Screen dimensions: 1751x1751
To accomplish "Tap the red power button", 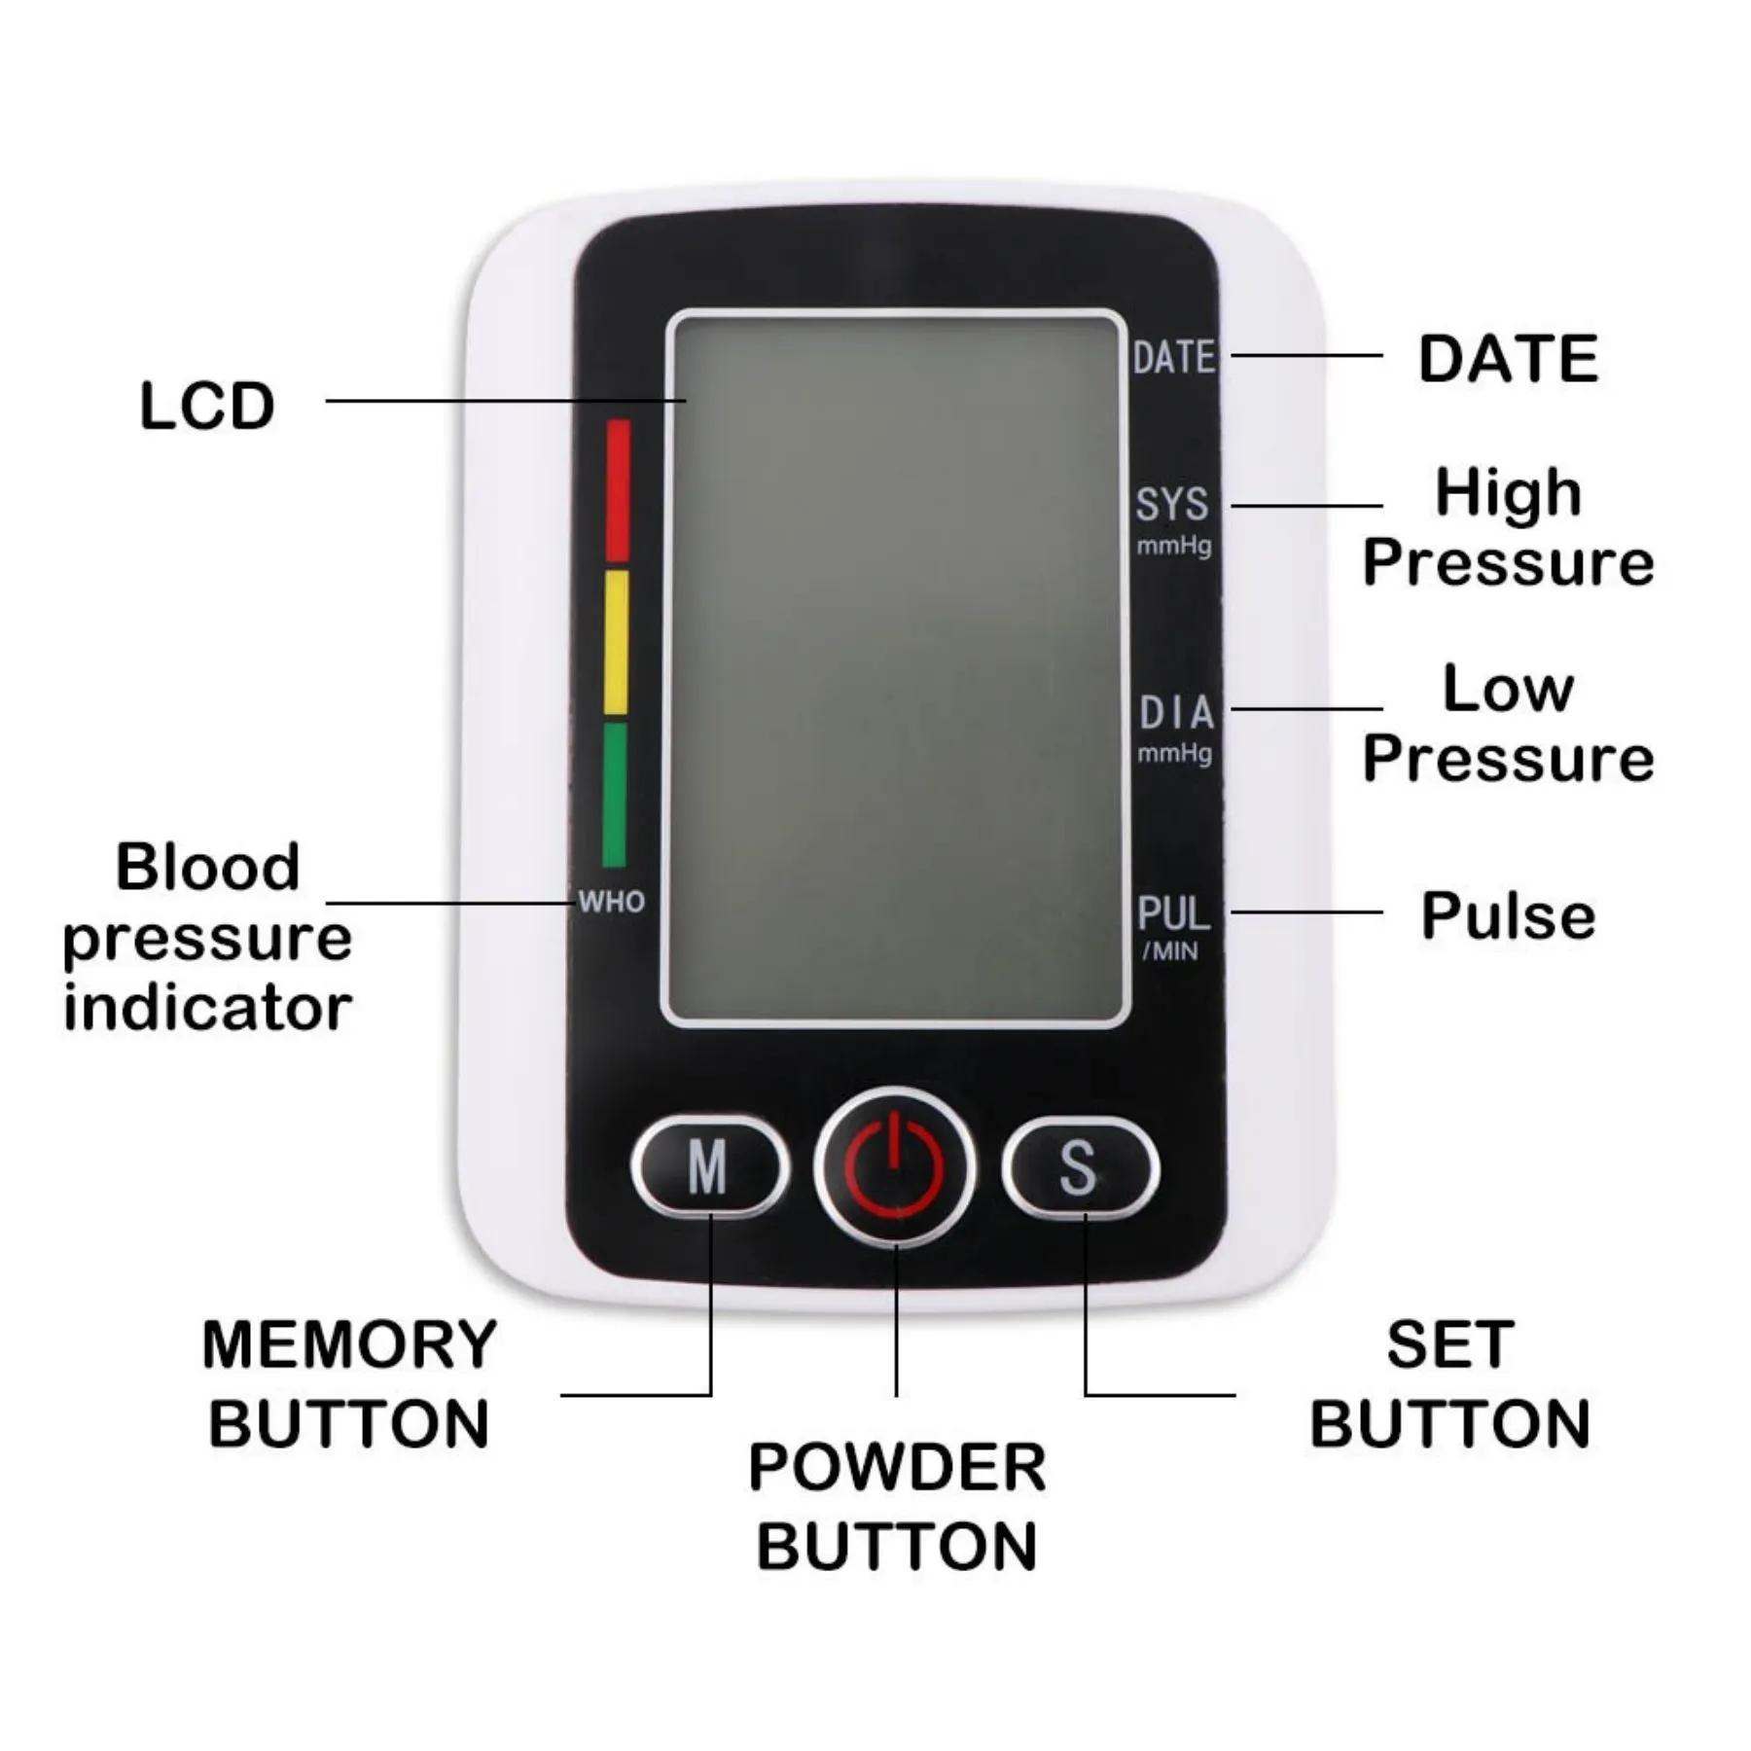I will coord(894,1166).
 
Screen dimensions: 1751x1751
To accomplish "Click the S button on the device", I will coord(1080,1166).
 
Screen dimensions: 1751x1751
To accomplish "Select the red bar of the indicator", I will coord(618,490).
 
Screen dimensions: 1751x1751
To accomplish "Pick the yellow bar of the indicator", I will coord(616,642).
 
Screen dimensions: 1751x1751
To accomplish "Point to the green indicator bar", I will coord(615,794).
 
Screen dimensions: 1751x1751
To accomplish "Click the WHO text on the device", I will coord(611,902).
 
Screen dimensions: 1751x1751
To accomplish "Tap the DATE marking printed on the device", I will coord(1174,357).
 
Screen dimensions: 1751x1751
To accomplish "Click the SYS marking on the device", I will coord(1172,504).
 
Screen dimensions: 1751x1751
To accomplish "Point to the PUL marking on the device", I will coord(1173,913).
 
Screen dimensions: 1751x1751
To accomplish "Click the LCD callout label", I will coord(207,406).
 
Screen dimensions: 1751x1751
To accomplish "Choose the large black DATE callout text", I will coord(1508,358).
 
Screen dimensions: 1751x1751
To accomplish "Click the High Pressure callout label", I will coord(1508,527).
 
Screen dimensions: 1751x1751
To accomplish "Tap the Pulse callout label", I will coord(1508,915).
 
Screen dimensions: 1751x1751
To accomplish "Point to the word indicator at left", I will coord(207,1008).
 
